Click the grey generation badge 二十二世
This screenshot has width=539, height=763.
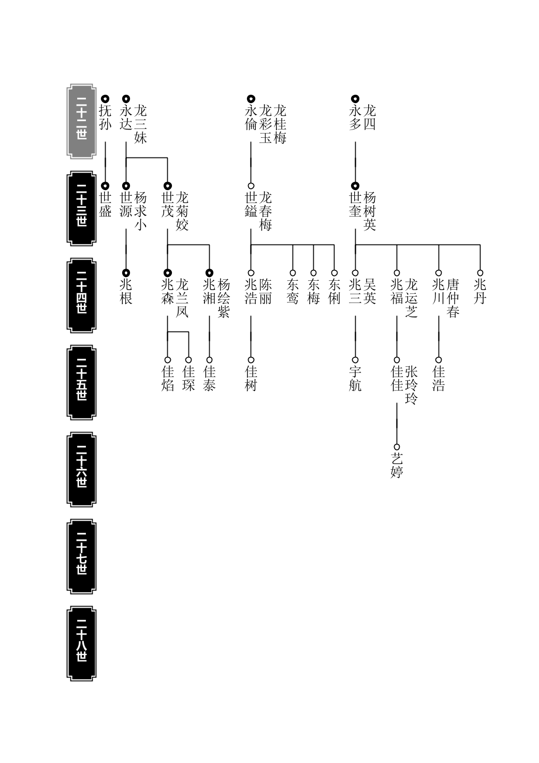click(81, 121)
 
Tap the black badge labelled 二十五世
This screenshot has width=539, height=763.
click(81, 382)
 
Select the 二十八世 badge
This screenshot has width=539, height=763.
click(81, 643)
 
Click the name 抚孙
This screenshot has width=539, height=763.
click(105, 118)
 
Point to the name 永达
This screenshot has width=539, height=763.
click(126, 118)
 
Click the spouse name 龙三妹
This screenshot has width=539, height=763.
click(140, 124)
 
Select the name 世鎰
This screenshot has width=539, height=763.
click(251, 205)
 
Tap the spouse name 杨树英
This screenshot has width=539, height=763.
click(370, 211)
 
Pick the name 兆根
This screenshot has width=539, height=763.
click(126, 292)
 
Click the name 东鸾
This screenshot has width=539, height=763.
click(293, 292)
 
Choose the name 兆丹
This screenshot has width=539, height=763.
click(480, 292)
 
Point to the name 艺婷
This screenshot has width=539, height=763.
click(397, 466)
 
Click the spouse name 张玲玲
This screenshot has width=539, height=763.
click(411, 385)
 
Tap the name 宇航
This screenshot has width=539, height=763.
click(355, 379)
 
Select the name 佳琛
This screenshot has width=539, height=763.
click(188, 379)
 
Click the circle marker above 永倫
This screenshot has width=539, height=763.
click(251, 99)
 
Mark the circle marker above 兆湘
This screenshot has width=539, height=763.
click(209, 273)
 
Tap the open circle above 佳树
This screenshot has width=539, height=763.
click(251, 360)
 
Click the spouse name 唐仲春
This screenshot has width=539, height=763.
click(453, 298)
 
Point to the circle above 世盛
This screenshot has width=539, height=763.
click(105, 186)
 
